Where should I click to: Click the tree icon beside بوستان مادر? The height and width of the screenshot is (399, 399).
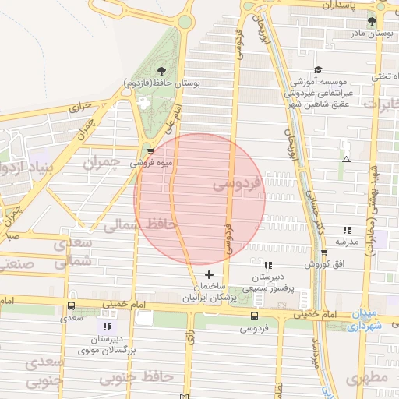point(371,21)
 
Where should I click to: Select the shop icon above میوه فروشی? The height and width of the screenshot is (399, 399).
point(150,151)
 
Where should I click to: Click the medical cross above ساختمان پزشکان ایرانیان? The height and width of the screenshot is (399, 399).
point(208,274)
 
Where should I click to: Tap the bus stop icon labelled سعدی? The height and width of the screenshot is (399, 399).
point(72,306)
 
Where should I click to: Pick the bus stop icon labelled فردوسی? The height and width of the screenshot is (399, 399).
point(255,316)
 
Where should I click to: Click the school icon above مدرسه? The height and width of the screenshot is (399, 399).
point(347,230)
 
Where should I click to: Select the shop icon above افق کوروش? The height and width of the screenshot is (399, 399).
point(325,252)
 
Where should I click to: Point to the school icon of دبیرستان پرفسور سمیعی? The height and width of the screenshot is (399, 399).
point(268,265)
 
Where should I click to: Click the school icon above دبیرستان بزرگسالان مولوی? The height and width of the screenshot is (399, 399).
point(107,327)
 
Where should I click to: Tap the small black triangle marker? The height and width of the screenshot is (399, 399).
point(347,160)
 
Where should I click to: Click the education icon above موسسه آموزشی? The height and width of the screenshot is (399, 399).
point(318,69)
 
